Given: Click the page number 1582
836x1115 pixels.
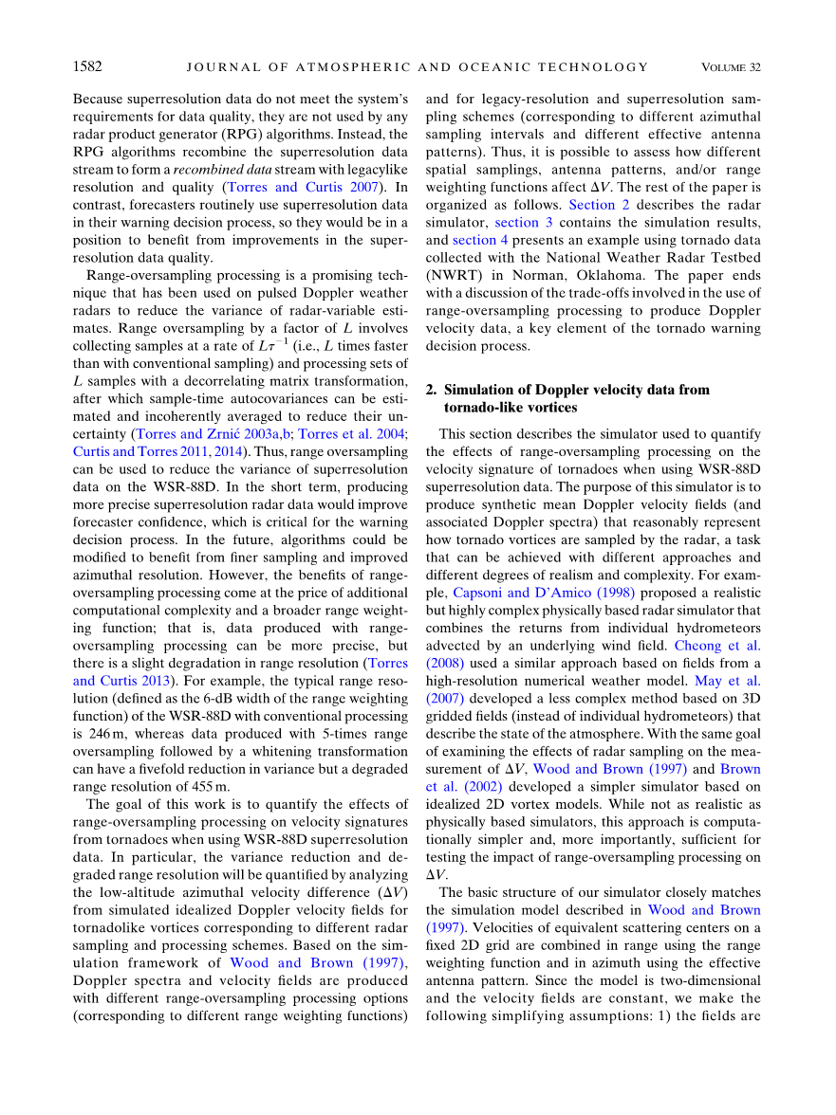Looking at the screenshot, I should click(x=87, y=67).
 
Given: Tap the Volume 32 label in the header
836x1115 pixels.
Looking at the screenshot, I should click(x=731, y=67).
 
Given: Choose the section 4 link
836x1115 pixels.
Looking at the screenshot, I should click(x=481, y=240).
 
